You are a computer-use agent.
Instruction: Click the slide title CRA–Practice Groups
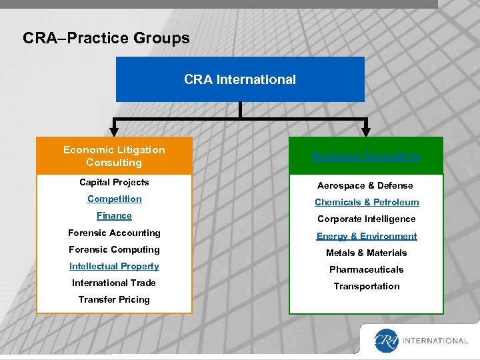[106, 38]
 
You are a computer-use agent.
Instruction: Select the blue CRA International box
[240, 79]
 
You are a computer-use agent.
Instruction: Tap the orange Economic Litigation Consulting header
[114, 156]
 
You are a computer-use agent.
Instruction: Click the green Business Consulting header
[366, 156]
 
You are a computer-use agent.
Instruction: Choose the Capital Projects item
[114, 182]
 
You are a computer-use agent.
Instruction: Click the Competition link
[114, 199]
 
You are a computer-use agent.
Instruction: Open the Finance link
[114, 215]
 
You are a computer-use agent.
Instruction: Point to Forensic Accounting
[114, 233]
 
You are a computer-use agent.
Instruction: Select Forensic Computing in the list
[114, 249]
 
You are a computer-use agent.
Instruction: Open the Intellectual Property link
[114, 266]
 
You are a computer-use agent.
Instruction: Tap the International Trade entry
[114, 283]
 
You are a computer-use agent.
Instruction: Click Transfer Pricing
[114, 299]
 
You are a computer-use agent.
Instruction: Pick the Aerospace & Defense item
[365, 185]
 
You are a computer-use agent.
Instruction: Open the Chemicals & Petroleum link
[367, 202]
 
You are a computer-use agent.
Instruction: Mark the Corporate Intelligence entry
[367, 219]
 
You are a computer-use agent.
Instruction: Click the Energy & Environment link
[367, 236]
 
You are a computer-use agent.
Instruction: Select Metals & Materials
[367, 253]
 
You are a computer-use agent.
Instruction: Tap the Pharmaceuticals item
[367, 269]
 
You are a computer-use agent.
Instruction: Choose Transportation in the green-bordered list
[367, 286]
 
